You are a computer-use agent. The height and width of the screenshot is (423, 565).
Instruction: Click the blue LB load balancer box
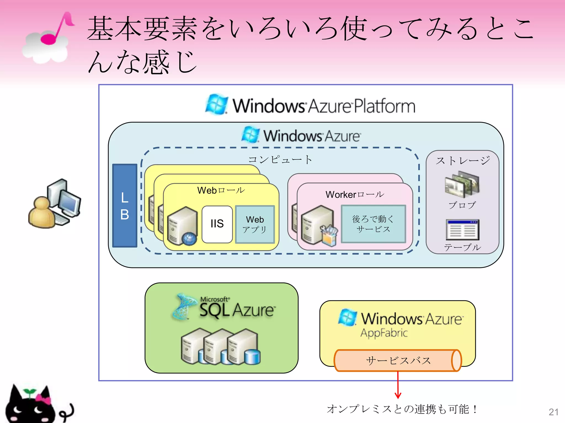(x=125, y=205)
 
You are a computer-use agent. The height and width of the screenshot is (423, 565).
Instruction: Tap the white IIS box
(x=217, y=224)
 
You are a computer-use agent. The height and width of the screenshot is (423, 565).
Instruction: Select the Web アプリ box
(x=255, y=224)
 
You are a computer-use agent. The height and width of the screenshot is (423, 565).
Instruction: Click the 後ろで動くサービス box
(x=373, y=224)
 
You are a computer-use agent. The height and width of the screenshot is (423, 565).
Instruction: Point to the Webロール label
(x=221, y=190)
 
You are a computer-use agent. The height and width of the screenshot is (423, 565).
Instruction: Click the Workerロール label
(x=355, y=194)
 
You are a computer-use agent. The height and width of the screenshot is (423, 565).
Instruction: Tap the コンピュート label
(x=280, y=159)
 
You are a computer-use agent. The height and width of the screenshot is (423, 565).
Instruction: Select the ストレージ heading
(x=463, y=161)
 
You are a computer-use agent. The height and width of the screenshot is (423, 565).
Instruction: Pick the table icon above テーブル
(x=462, y=230)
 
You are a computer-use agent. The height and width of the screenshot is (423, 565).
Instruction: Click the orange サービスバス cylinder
(x=398, y=360)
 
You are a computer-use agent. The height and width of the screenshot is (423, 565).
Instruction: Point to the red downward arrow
(x=398, y=386)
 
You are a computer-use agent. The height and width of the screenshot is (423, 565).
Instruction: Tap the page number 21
(x=553, y=412)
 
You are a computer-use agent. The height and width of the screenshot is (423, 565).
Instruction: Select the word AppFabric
(x=384, y=333)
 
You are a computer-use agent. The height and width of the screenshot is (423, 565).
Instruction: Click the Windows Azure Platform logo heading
(x=310, y=105)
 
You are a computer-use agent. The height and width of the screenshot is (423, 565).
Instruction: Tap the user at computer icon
(x=55, y=204)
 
